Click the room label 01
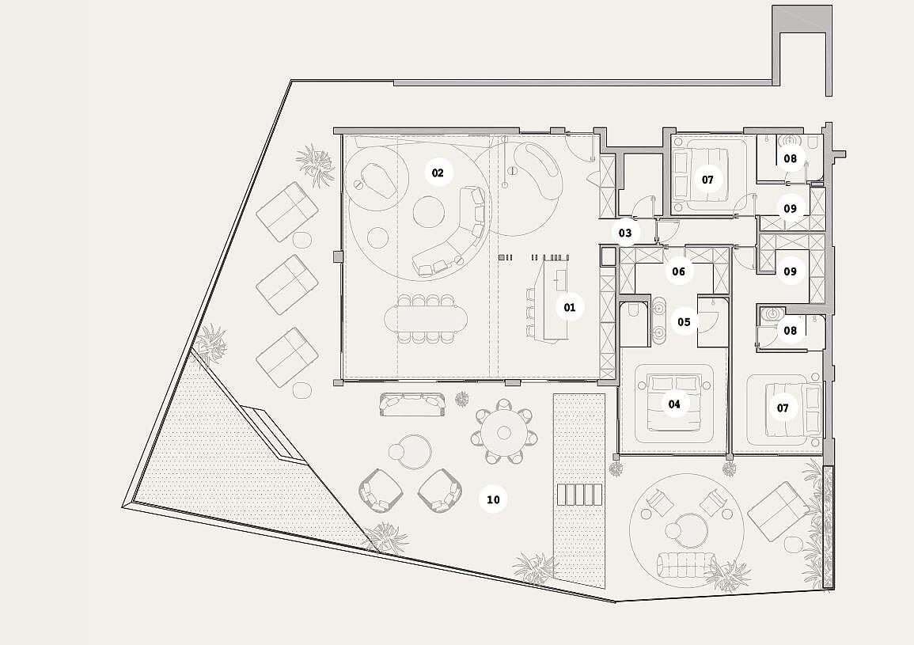click(x=570, y=307)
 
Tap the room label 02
click(x=438, y=173)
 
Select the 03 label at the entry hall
click(x=625, y=233)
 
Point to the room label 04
click(x=674, y=404)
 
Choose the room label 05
click(x=684, y=321)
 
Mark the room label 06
click(x=678, y=271)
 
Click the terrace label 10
click(x=493, y=500)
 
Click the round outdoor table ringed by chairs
click(x=503, y=432)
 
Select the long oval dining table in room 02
click(x=426, y=318)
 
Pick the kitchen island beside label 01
click(x=556, y=300)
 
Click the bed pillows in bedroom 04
click(x=675, y=383)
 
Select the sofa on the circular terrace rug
click(x=688, y=564)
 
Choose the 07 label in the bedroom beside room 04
click(x=783, y=408)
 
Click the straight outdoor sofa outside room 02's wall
click(x=413, y=404)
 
